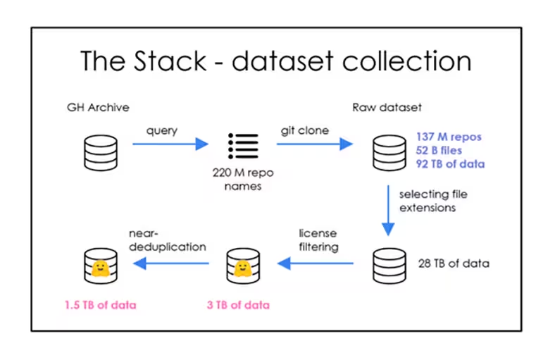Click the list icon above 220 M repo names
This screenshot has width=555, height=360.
click(x=243, y=144)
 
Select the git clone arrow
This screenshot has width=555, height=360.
click(x=314, y=144)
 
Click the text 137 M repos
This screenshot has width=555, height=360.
click(x=448, y=137)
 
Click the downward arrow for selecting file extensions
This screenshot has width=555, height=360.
click(x=387, y=209)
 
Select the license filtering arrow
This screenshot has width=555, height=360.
click(x=316, y=264)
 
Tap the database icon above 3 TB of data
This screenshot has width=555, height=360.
click(x=242, y=264)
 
